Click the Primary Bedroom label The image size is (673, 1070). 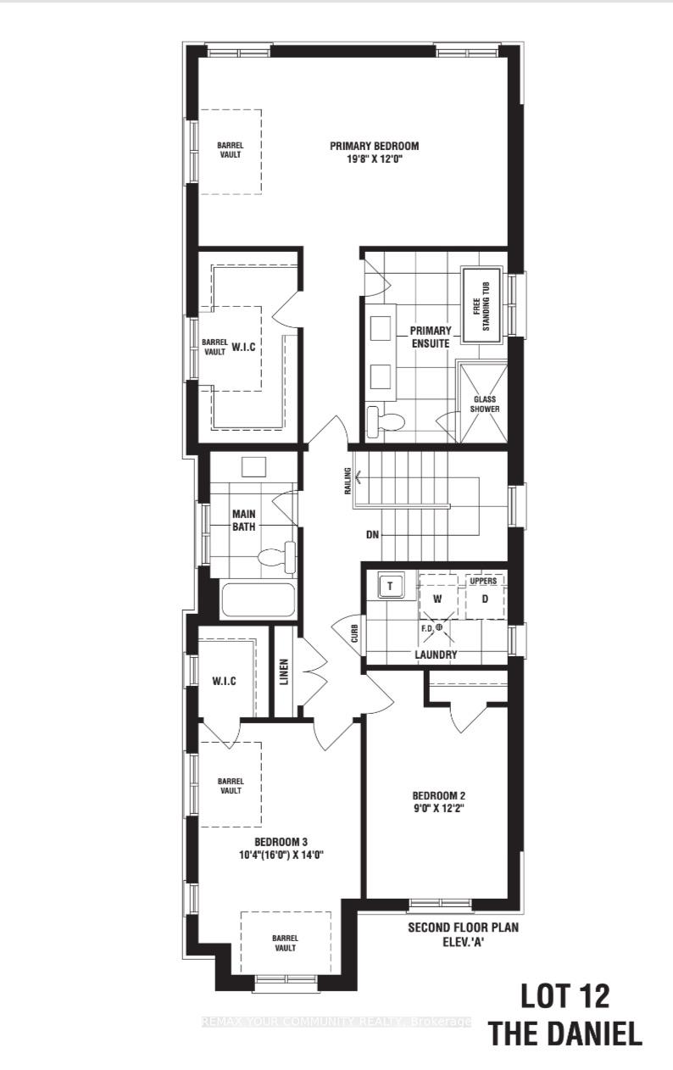click(374, 145)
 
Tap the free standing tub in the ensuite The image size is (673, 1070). click(481, 305)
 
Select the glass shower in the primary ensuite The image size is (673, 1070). click(485, 402)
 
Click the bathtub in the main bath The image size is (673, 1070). click(258, 600)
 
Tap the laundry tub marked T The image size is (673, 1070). click(391, 586)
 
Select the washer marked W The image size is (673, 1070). click(438, 598)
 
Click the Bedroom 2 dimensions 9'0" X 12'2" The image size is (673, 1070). click(438, 809)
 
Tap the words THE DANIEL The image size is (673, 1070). click(564, 1034)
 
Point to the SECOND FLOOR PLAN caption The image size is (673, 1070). click(463, 928)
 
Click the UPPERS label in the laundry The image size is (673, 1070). click(483, 581)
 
